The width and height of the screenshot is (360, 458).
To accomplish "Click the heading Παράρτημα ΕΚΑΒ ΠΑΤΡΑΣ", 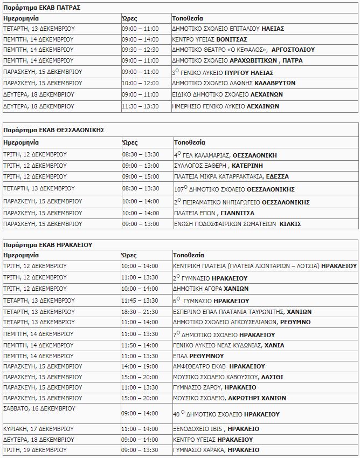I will click(42, 8).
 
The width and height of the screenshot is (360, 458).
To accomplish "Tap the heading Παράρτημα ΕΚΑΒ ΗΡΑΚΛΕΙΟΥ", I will click(48, 244).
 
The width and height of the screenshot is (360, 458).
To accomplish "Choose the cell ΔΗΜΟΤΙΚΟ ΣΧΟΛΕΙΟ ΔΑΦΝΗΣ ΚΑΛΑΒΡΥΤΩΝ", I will click(233, 83).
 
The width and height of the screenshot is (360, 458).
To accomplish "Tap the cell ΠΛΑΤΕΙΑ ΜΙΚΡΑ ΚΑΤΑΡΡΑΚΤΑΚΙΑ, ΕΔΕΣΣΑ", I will click(231, 176).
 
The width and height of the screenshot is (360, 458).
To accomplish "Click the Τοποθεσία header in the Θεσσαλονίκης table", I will click(189, 143).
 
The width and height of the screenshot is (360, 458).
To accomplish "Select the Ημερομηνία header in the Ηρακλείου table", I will click(21, 255).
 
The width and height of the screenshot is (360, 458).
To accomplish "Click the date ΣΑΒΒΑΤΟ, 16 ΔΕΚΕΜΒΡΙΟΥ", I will click(39, 408).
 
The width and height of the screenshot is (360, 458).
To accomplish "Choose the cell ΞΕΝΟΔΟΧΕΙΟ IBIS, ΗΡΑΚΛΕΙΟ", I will click(216, 429).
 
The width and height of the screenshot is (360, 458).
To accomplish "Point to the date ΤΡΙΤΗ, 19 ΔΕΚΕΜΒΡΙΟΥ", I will click(35, 450).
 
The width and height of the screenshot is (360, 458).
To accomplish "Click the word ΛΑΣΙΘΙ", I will click(273, 377).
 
